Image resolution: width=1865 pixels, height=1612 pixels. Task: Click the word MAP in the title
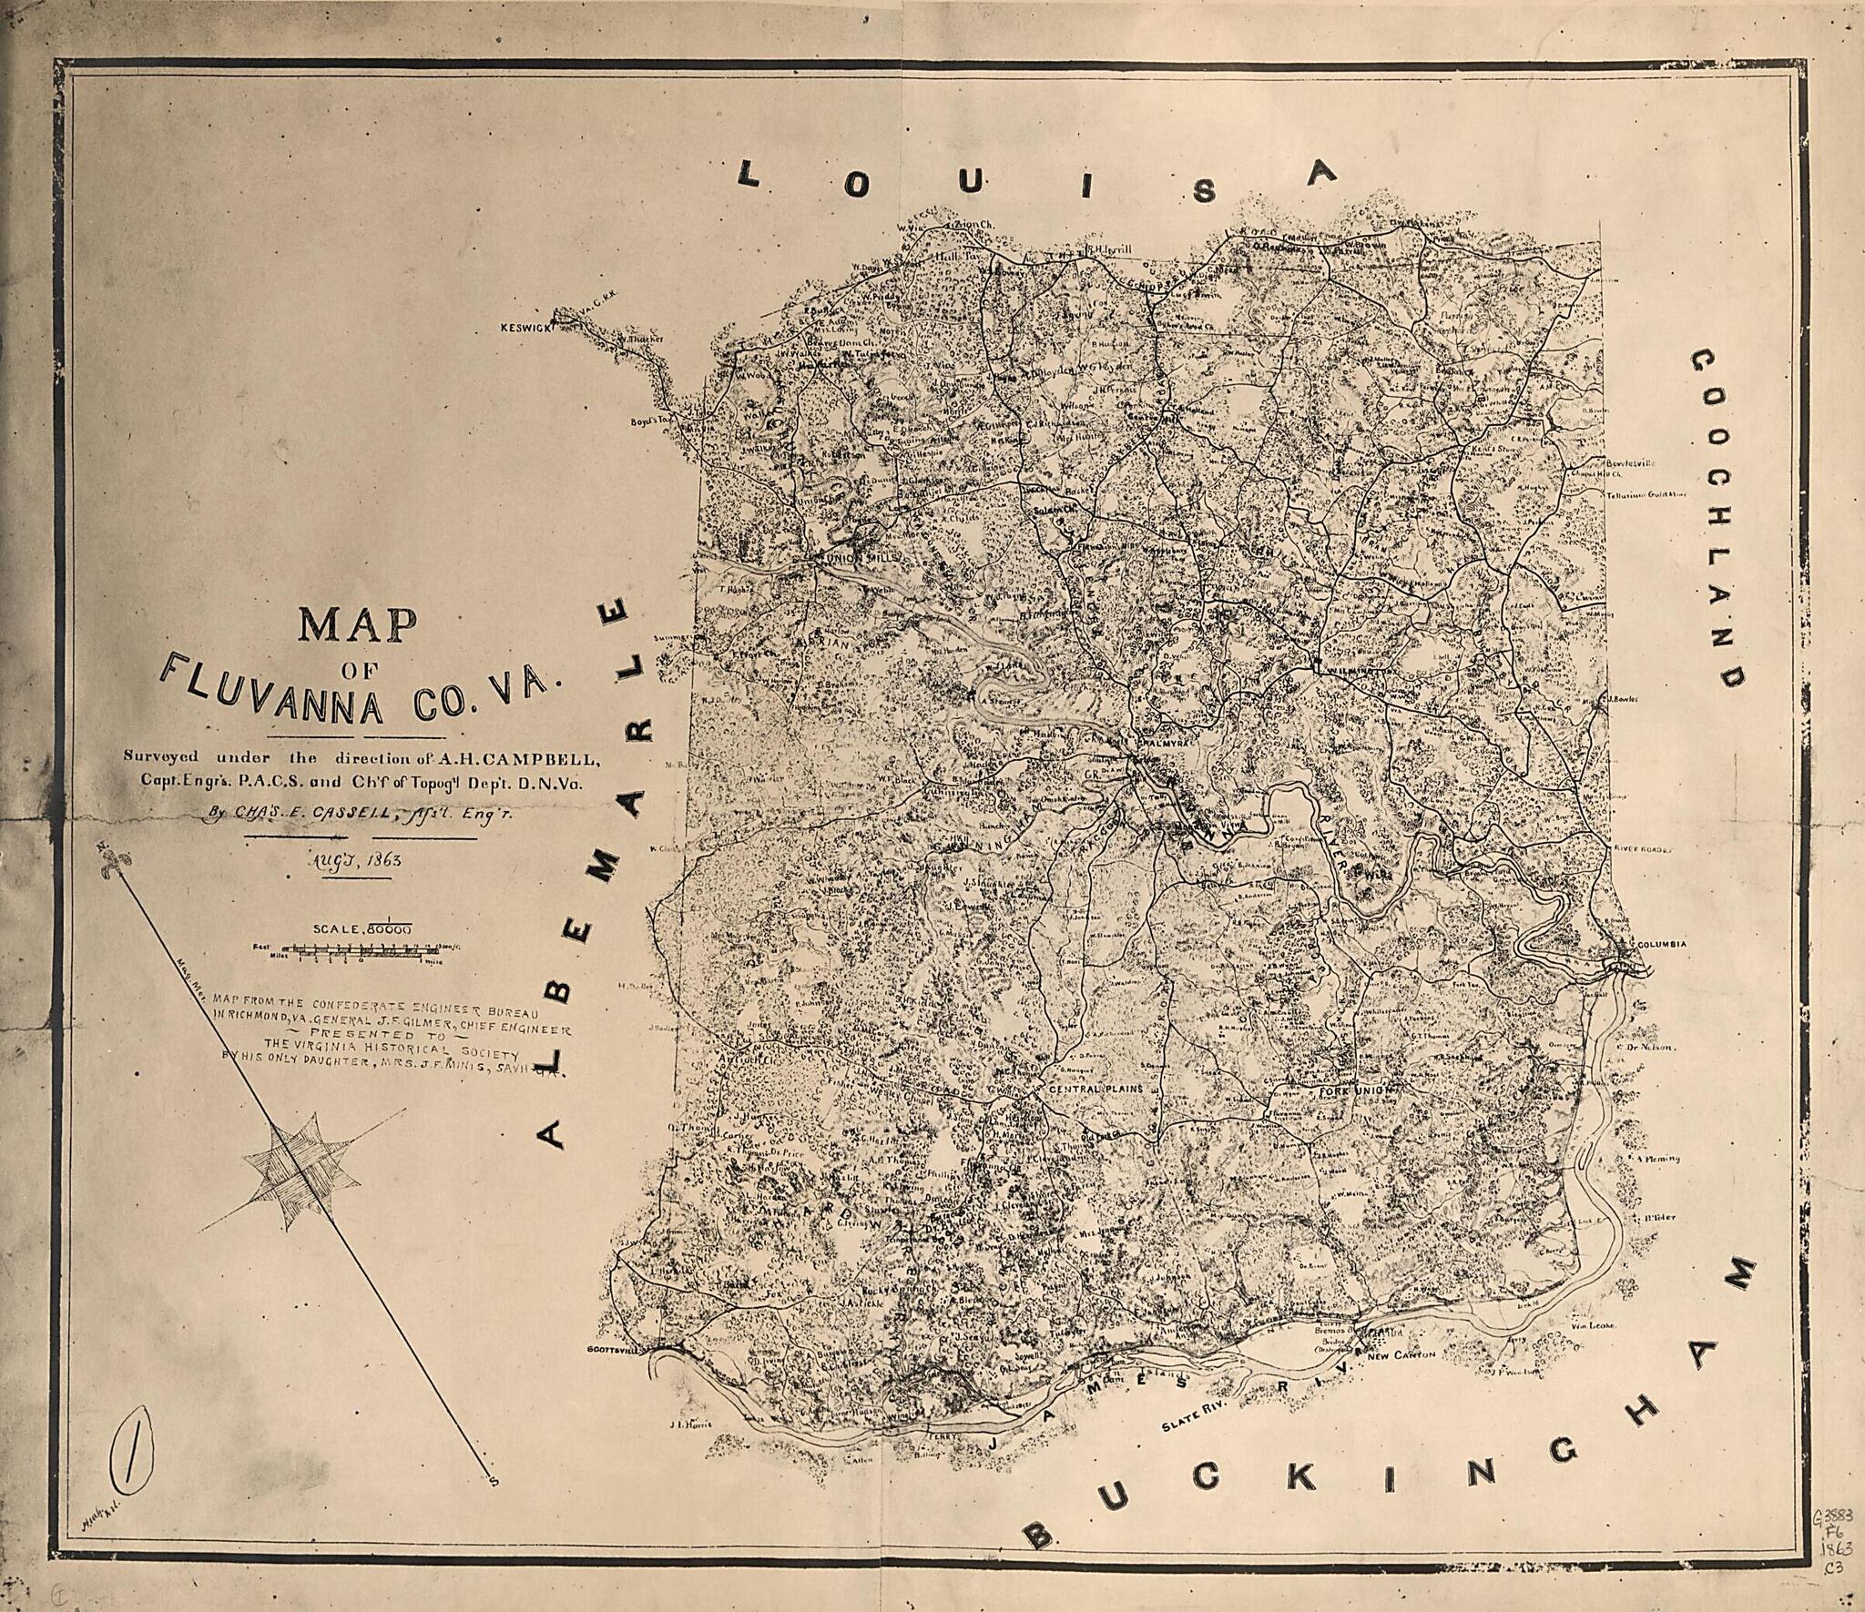click(357, 626)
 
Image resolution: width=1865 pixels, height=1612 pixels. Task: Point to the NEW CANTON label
click(1404, 1381)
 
